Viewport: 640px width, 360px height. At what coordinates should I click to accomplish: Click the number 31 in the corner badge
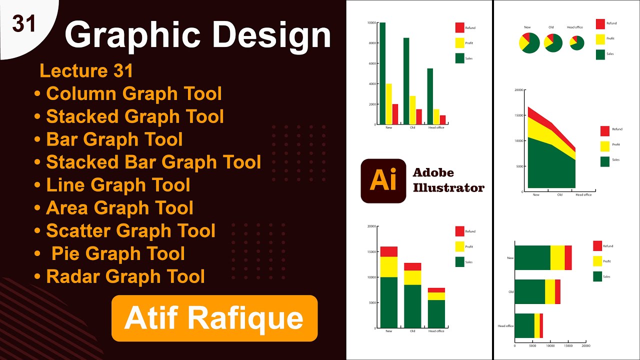click(24, 23)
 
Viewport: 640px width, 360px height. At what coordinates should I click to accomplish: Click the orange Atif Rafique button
click(214, 318)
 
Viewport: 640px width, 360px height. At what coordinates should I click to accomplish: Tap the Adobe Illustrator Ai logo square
click(383, 181)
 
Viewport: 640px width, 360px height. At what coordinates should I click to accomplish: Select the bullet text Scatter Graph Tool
click(130, 231)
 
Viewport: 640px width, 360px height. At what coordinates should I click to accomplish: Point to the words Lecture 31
click(86, 71)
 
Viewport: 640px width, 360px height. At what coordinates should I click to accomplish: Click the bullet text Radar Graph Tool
click(125, 276)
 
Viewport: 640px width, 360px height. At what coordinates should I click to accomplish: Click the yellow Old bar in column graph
click(412, 110)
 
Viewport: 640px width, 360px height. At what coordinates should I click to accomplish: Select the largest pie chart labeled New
click(529, 43)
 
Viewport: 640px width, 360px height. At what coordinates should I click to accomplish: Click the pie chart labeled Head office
click(576, 43)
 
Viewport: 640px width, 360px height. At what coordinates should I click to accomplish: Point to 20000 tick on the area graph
click(518, 90)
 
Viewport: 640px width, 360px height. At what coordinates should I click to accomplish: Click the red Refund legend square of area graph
click(604, 131)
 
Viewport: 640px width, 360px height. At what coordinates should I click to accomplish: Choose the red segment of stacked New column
click(388, 251)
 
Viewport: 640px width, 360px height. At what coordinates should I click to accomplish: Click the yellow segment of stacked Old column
click(412, 277)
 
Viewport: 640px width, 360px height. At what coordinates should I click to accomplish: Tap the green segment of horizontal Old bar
click(529, 291)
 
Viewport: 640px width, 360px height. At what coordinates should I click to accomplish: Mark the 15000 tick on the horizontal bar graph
click(568, 345)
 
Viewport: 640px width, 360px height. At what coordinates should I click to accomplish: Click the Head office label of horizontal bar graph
click(505, 326)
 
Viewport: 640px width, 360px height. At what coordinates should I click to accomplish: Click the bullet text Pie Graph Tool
click(118, 254)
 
